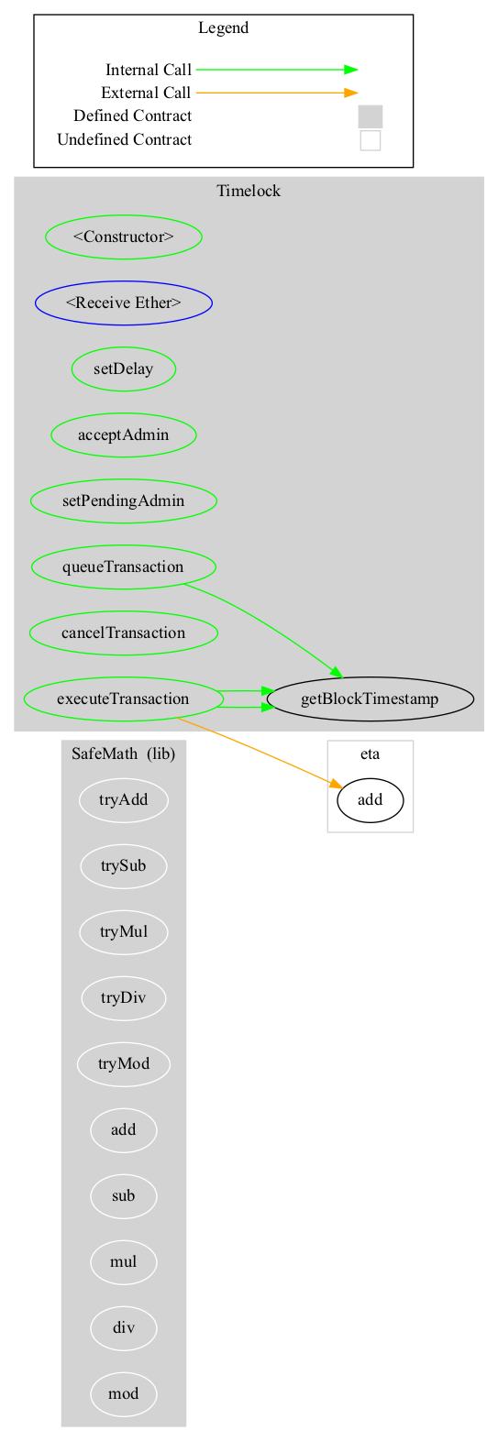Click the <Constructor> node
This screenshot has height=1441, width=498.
click(124, 236)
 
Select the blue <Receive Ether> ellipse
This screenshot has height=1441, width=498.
click(124, 303)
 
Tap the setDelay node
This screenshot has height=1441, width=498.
click(124, 369)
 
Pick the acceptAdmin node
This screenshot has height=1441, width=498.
click(124, 434)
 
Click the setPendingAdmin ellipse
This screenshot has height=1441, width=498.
click(124, 501)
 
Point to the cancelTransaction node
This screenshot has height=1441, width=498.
click(124, 633)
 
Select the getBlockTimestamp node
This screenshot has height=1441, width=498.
click(370, 699)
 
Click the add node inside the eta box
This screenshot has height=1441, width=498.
click(370, 800)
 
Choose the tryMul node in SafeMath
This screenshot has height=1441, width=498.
click(124, 932)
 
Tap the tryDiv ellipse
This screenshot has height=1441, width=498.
click(124, 998)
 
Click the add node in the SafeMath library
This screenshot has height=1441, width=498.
click(124, 1130)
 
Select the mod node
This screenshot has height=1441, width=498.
click(124, 1394)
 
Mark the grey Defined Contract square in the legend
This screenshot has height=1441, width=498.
click(371, 116)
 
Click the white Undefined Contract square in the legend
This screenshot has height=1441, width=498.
click(371, 140)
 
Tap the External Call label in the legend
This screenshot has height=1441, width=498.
click(146, 93)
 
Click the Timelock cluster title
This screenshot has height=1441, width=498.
click(249, 191)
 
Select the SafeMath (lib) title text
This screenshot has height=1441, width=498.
click(124, 753)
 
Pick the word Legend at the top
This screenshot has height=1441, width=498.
click(223, 27)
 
